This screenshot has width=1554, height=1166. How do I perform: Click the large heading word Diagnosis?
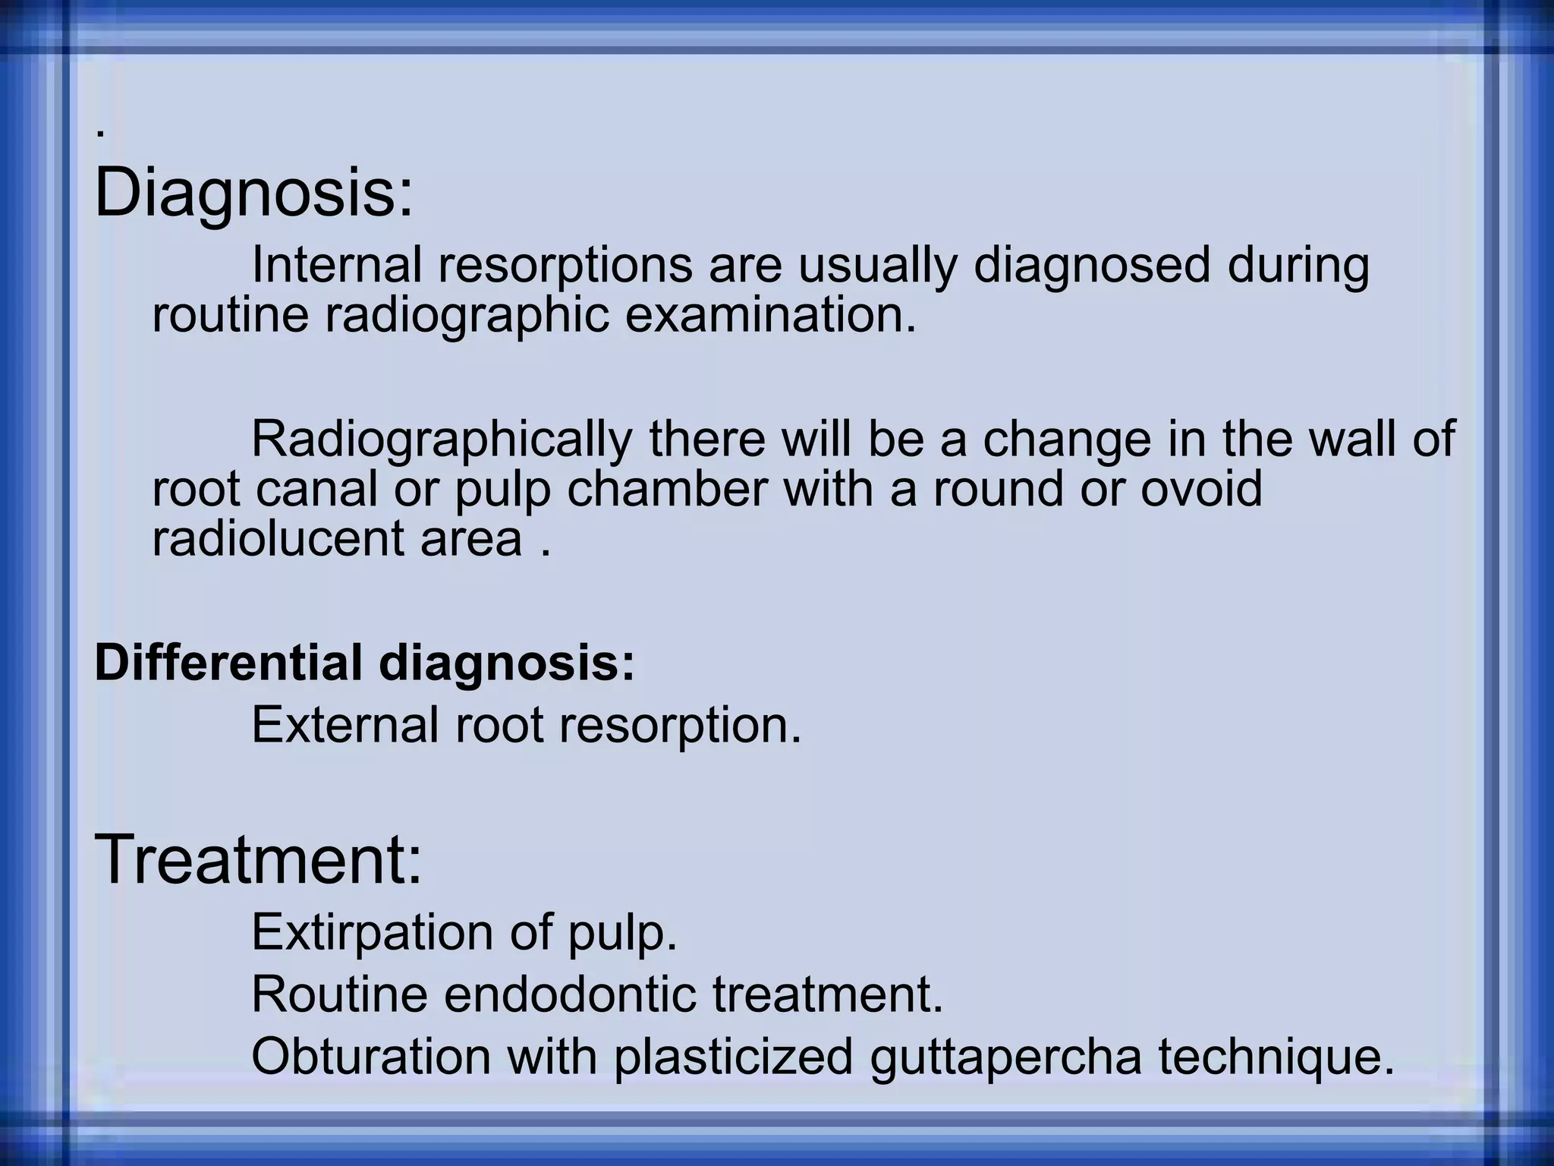click(254, 193)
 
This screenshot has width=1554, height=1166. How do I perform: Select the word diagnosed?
click(1092, 265)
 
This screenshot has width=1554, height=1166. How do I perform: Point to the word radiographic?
click(467, 315)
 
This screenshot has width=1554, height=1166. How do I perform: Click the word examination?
click(771, 315)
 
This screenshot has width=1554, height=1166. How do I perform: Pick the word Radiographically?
click(442, 439)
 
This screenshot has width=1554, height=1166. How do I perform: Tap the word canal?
click(316, 489)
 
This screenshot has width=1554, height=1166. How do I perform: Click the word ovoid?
click(1202, 489)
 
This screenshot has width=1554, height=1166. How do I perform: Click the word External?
click(345, 725)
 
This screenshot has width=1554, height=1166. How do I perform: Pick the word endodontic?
click(570, 994)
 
